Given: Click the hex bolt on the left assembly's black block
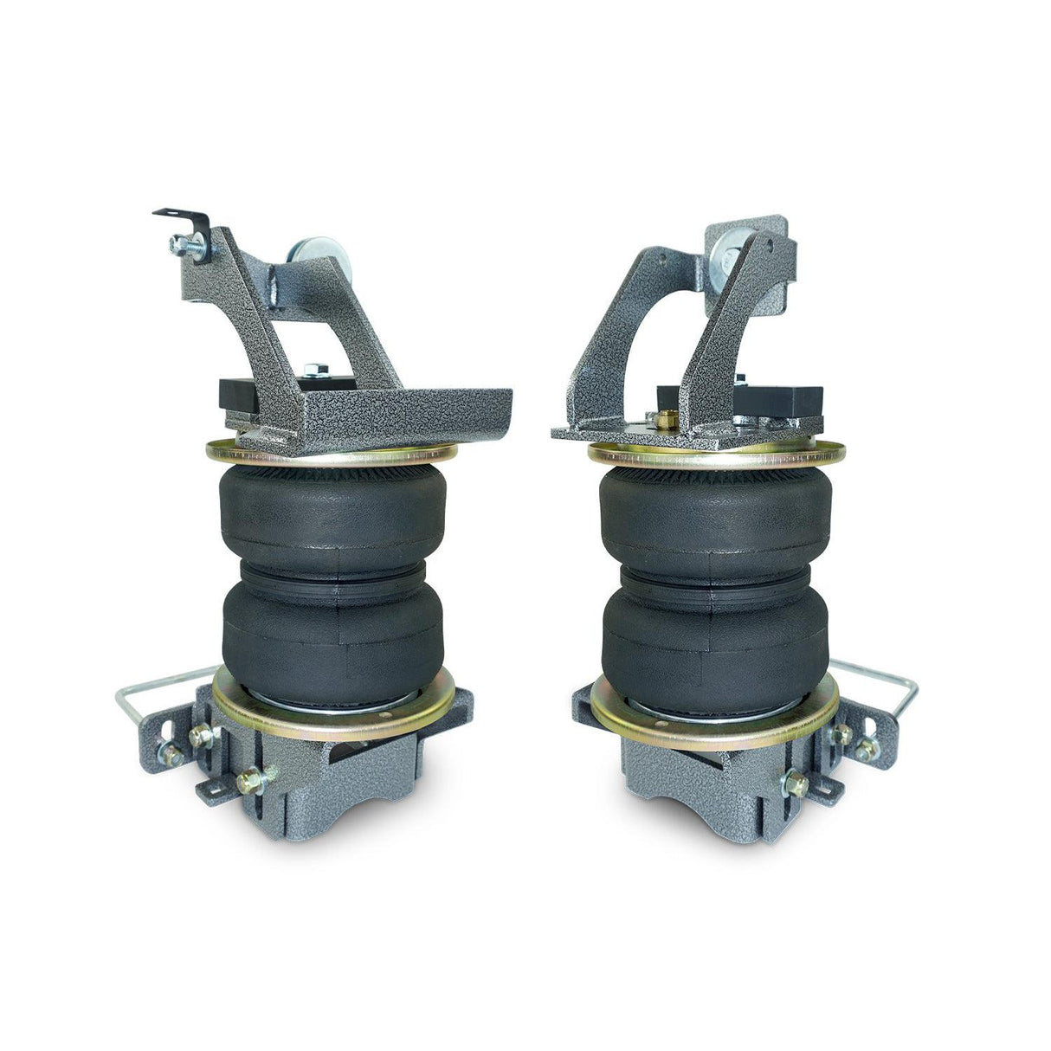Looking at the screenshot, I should tap(313, 370).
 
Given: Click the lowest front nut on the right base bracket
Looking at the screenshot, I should tap(795, 785).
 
